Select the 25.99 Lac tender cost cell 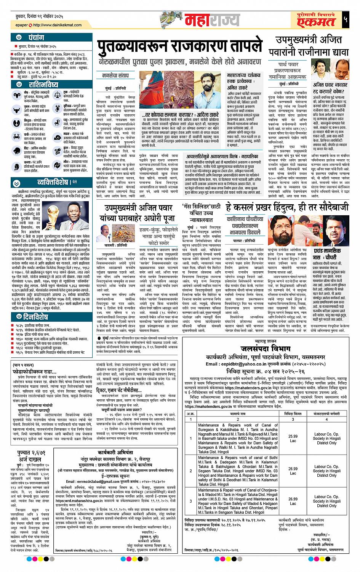click(x=293, y=438)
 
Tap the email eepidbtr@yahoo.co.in click(x=244, y=364)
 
